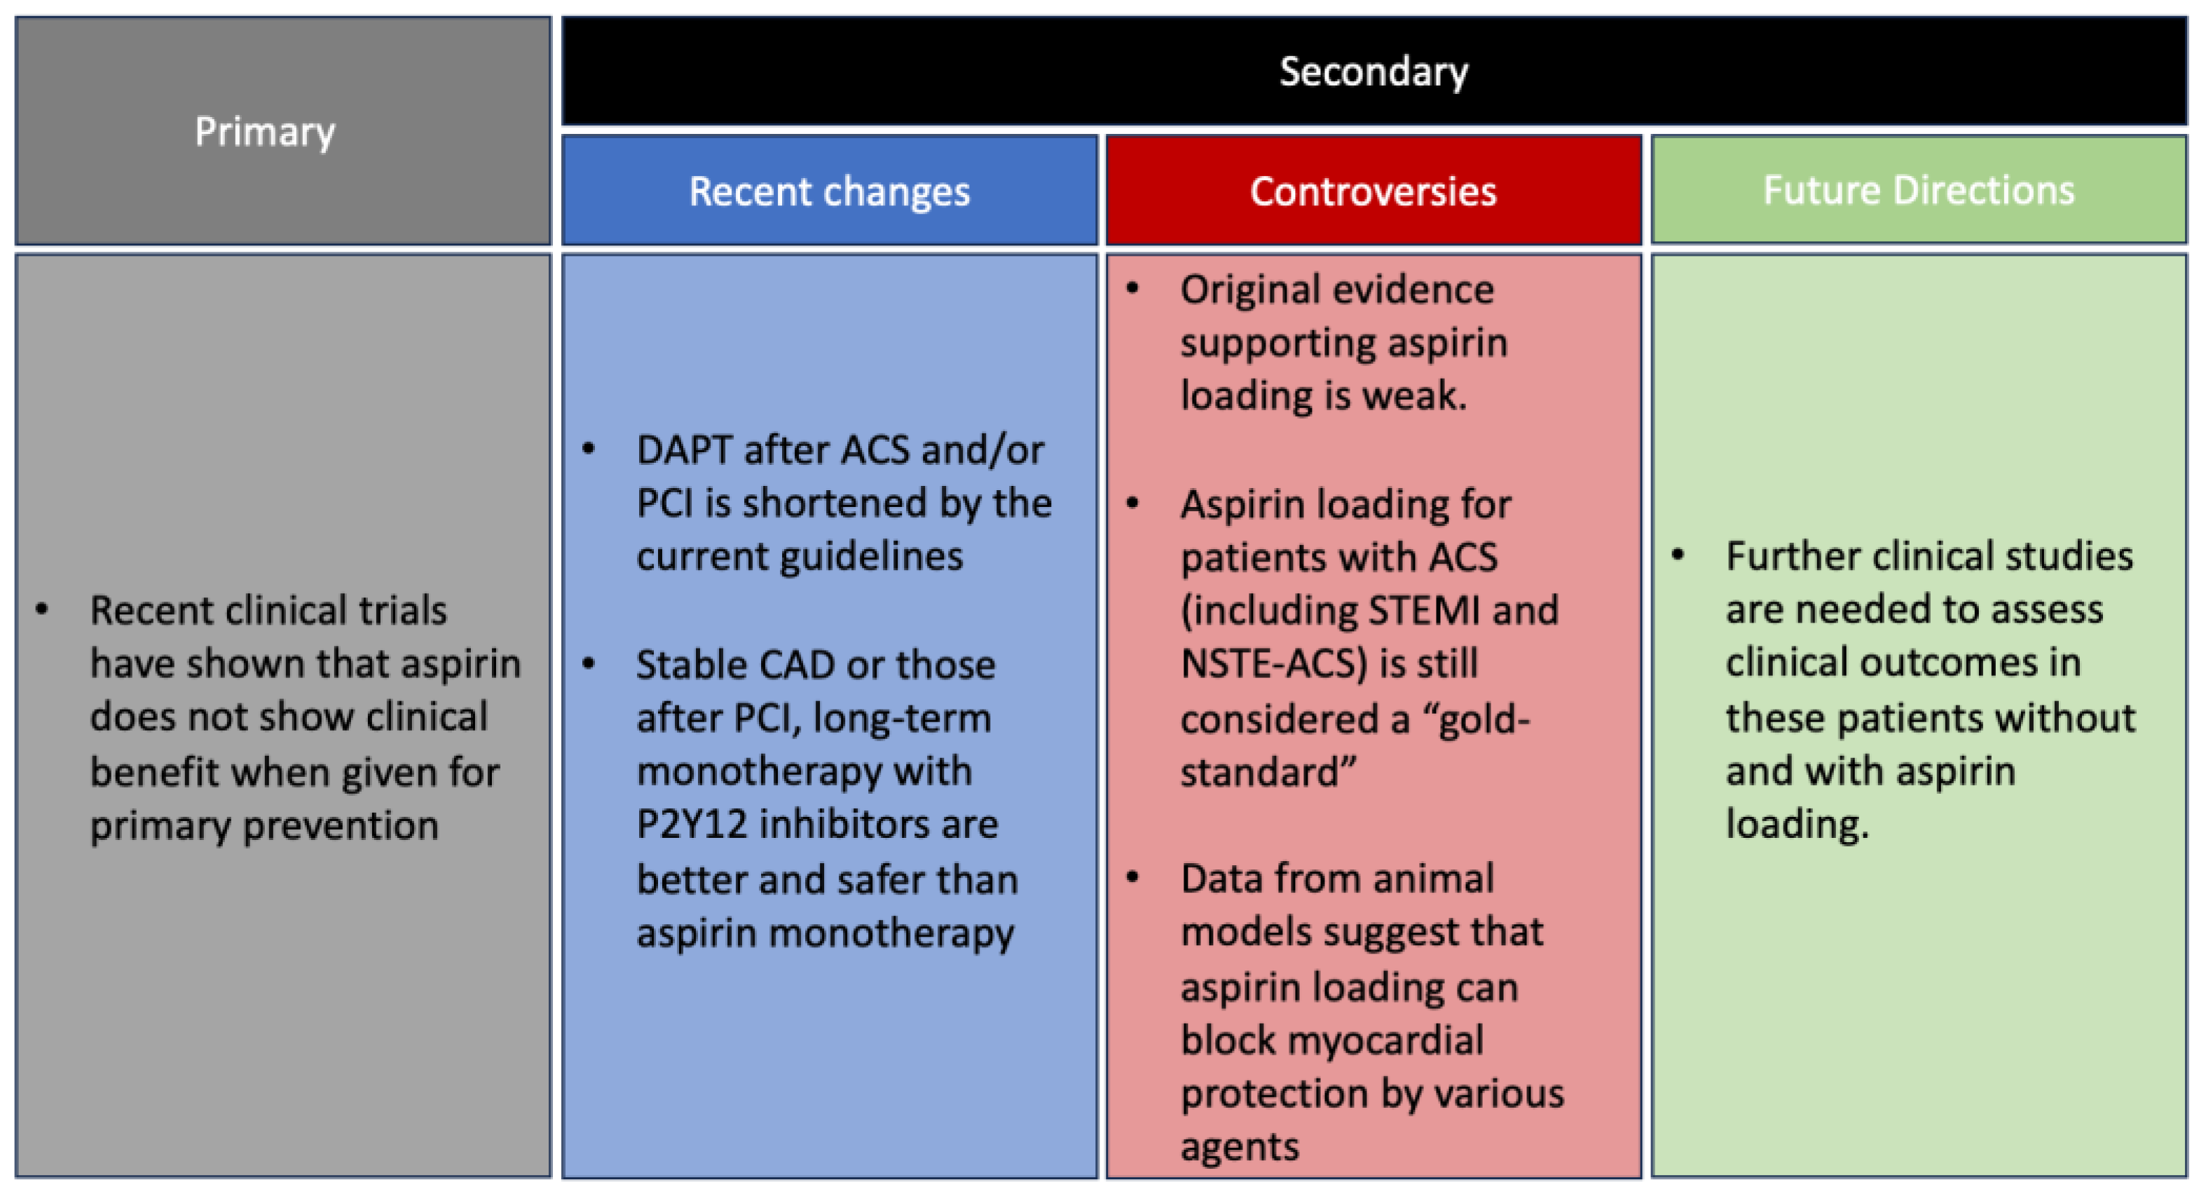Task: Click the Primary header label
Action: tap(265, 133)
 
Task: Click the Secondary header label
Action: tap(1373, 72)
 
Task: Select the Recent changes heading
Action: tap(829, 191)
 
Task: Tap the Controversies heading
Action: tap(1373, 191)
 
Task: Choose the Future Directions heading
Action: tap(1918, 189)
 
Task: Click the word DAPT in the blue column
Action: tap(683, 450)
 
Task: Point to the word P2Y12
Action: tap(690, 825)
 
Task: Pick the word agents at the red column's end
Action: tap(1239, 1146)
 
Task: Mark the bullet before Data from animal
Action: tap(1133, 878)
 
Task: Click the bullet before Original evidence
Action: tap(1133, 289)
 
